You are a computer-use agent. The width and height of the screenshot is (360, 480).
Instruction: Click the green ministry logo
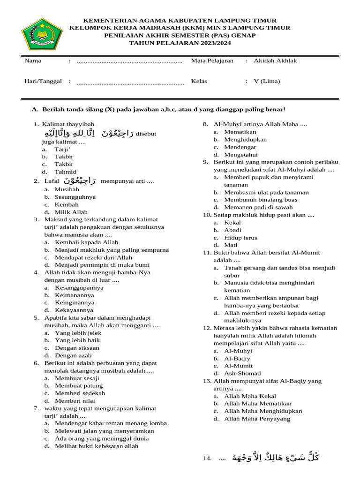pyautogui.click(x=42, y=34)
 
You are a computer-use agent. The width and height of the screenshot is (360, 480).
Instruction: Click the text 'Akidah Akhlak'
pyautogui.click(x=275, y=60)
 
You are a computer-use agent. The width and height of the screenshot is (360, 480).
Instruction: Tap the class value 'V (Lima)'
pyautogui.click(x=267, y=81)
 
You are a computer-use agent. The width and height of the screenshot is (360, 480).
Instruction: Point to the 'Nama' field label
pyautogui.click(x=33, y=60)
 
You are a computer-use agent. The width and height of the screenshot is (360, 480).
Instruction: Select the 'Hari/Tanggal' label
pyautogui.click(x=43, y=81)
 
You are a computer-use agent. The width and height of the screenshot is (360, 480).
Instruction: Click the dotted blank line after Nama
pyautogui.click(x=129, y=61)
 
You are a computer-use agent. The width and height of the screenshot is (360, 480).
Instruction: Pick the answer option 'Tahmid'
pyautogui.click(x=65, y=172)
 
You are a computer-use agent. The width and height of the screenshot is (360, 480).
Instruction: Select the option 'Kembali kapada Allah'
pyautogui.click(x=87, y=242)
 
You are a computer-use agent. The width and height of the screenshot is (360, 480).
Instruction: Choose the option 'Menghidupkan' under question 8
pyautogui.click(x=245, y=139)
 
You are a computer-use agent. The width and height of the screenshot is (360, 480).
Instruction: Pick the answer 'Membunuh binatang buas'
pyautogui.click(x=261, y=200)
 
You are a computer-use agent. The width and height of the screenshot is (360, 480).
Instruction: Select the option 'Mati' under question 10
pyautogui.click(x=231, y=245)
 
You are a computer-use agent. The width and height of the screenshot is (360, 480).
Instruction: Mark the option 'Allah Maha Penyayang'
pyautogui.click(x=257, y=419)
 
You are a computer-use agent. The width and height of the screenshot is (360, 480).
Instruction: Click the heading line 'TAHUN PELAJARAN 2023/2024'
pyautogui.click(x=180, y=43)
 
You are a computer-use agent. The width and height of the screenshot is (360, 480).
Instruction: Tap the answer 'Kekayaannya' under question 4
pyautogui.click(x=74, y=310)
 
